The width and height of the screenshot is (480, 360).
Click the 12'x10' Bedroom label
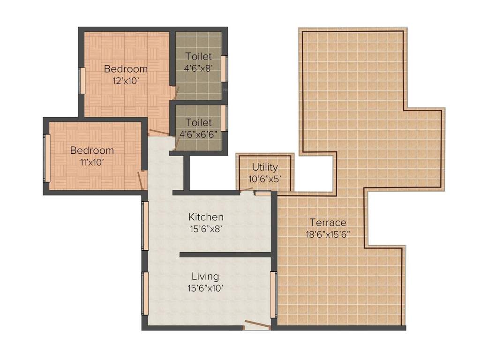pyautogui.click(x=126, y=69)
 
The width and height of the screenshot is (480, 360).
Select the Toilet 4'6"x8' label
pyautogui.click(x=198, y=56)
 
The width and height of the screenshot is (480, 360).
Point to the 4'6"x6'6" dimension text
pyautogui.click(x=198, y=134)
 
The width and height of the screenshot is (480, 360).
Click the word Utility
pyautogui.click(x=265, y=167)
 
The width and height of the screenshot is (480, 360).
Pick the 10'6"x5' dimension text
pyautogui.click(x=265, y=178)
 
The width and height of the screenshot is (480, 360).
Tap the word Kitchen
pyautogui.click(x=206, y=217)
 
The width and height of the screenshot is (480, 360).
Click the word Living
pyautogui.click(x=205, y=277)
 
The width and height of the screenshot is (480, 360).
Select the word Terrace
pyautogui.click(x=328, y=223)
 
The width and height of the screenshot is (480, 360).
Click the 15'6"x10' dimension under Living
pyautogui.click(x=205, y=288)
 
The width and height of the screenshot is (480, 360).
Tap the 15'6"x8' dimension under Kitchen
pyautogui.click(x=206, y=229)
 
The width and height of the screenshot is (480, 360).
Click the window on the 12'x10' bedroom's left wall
pyautogui.click(x=82, y=81)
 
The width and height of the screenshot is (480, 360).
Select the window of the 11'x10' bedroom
pyautogui.click(x=46, y=158)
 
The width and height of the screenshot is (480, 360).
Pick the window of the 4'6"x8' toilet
pyautogui.click(x=225, y=69)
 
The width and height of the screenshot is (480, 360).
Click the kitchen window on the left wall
pyautogui.click(x=145, y=225)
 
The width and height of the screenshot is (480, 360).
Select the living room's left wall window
pyautogui.click(x=145, y=295)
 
